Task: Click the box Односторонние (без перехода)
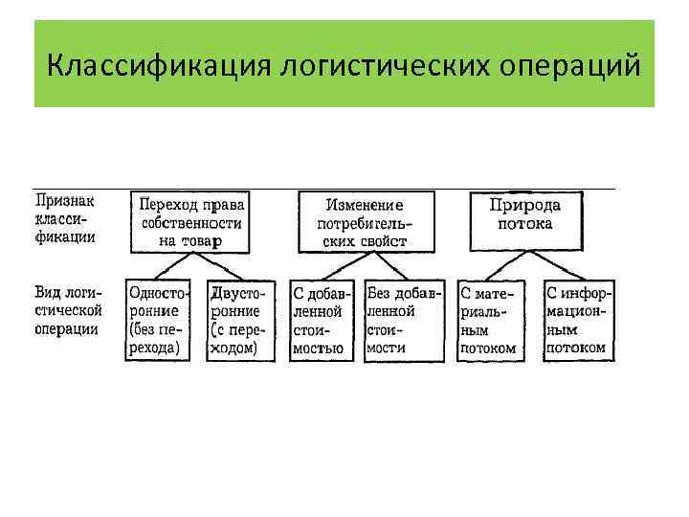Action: pos(158,320)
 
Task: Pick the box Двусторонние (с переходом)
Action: pos(240,320)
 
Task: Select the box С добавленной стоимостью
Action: pos(323,320)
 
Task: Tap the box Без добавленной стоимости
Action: pos(403,320)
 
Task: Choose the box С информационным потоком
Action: pos(579,320)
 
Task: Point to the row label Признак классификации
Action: pos(65,219)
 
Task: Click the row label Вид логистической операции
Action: pos(68,307)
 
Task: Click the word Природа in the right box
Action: pos(525,205)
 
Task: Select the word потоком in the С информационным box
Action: pos(577,348)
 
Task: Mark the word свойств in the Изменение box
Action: pos(383,241)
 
